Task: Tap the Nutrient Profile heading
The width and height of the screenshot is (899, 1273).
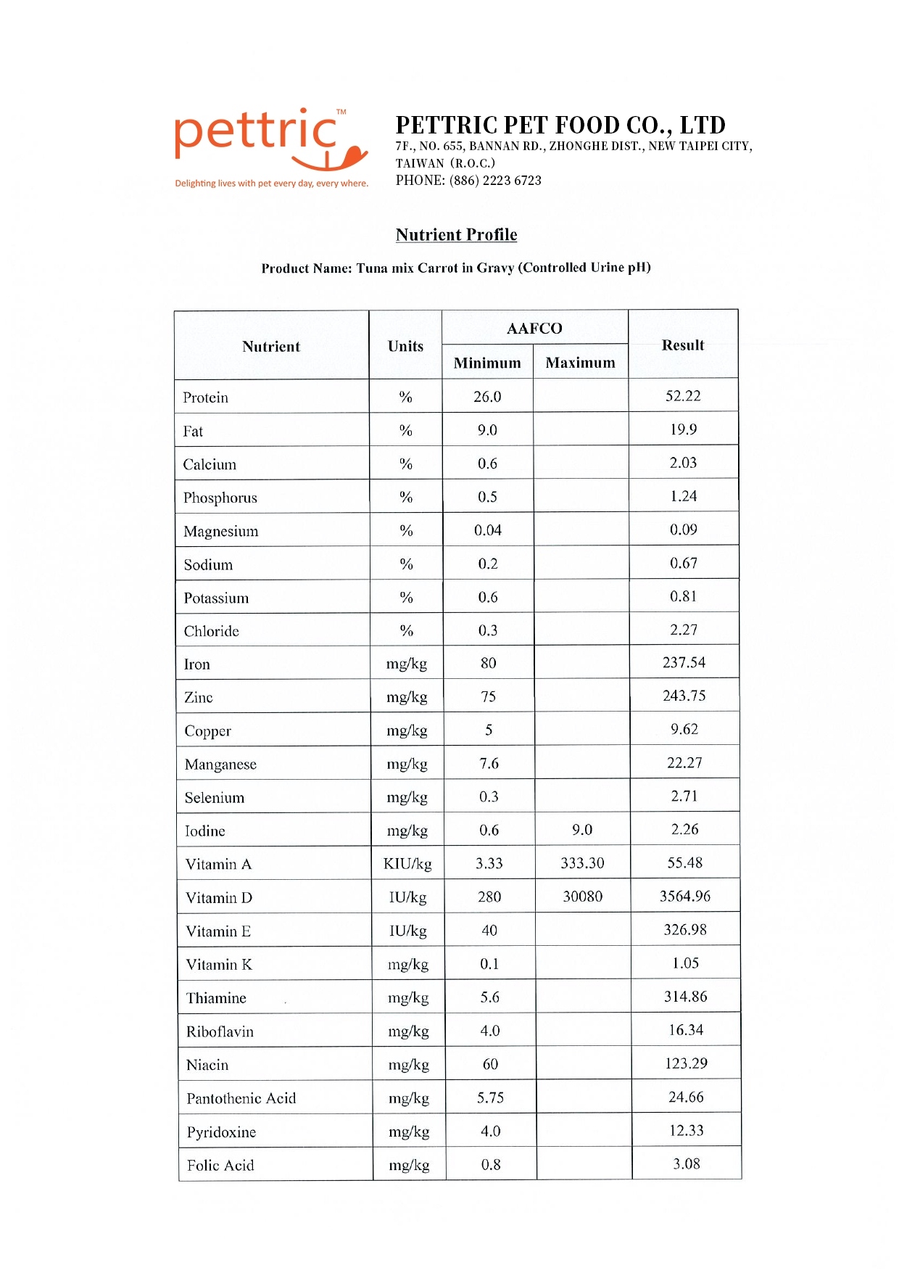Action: (456, 235)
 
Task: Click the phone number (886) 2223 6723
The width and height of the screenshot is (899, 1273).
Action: (495, 181)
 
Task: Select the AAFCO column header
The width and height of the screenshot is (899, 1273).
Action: (534, 329)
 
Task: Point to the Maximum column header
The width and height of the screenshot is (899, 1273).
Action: (580, 363)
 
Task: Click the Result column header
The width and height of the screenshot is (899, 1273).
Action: (682, 345)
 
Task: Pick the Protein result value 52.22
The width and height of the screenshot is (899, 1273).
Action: (683, 396)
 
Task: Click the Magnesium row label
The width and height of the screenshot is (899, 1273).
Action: (221, 532)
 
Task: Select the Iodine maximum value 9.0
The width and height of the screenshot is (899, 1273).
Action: (581, 830)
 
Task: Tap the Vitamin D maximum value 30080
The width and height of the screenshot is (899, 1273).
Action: (582, 897)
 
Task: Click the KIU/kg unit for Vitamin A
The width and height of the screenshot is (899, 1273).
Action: (407, 864)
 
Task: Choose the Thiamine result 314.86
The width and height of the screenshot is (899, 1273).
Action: (685, 997)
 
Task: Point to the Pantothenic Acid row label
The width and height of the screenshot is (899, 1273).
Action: (241, 1098)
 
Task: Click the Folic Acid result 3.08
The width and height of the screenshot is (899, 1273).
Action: (686, 1164)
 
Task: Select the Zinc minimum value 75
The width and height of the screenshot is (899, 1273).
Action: (488, 697)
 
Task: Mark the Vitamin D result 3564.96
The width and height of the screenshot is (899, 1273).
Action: (684, 897)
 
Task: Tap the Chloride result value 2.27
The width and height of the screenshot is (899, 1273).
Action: (683, 630)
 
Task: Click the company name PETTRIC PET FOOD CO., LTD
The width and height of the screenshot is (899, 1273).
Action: (560, 125)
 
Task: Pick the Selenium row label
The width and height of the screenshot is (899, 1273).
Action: (215, 798)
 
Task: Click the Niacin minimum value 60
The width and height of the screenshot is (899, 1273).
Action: (490, 1064)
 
